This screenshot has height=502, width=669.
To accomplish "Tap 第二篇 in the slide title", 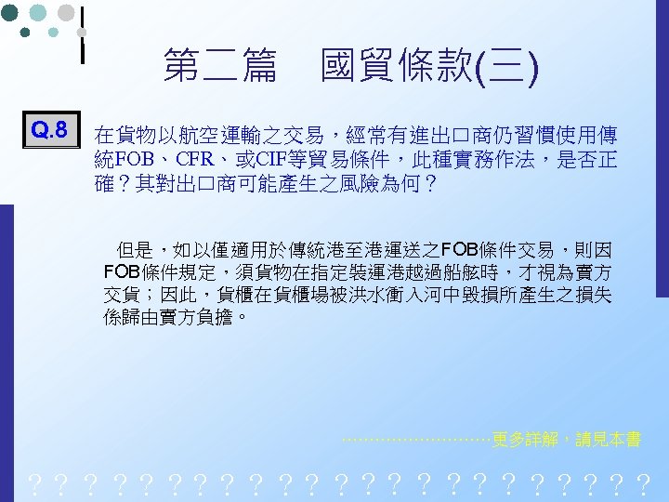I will pyautogui.click(x=219, y=66).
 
